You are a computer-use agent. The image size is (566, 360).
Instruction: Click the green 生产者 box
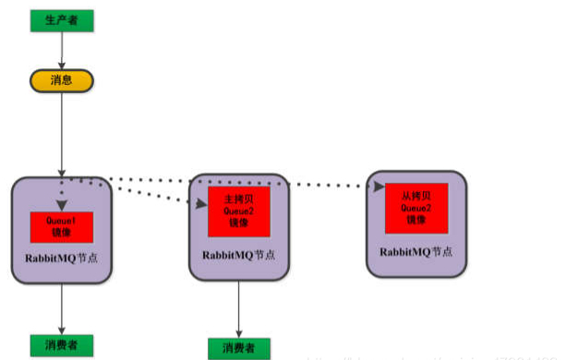pyautogui.click(x=61, y=18)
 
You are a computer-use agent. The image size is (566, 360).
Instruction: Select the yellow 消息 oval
pyautogui.click(x=61, y=81)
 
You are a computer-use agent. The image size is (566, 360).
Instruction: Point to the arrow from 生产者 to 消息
pyautogui.click(x=61, y=50)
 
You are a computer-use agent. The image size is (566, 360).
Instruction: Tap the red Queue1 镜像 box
pyautogui.click(x=62, y=227)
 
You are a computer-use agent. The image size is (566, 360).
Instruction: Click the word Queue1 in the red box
pyautogui.click(x=62, y=222)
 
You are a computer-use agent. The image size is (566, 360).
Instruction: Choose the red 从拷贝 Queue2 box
pyautogui.click(x=415, y=208)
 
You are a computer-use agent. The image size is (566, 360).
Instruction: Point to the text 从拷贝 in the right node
pyautogui.click(x=415, y=196)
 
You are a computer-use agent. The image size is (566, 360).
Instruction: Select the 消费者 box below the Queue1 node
pyautogui.click(x=61, y=343)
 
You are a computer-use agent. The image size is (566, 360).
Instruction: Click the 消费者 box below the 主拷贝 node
pyautogui.click(x=239, y=348)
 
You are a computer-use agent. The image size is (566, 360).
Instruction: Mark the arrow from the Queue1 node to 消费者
pyautogui.click(x=61, y=309)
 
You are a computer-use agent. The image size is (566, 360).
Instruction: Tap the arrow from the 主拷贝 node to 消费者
pyautogui.click(x=239, y=309)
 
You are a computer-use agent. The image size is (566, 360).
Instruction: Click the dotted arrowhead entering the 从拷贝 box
pyautogui.click(x=379, y=186)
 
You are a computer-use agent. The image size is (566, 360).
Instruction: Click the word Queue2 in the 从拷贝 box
pyautogui.click(x=415, y=208)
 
